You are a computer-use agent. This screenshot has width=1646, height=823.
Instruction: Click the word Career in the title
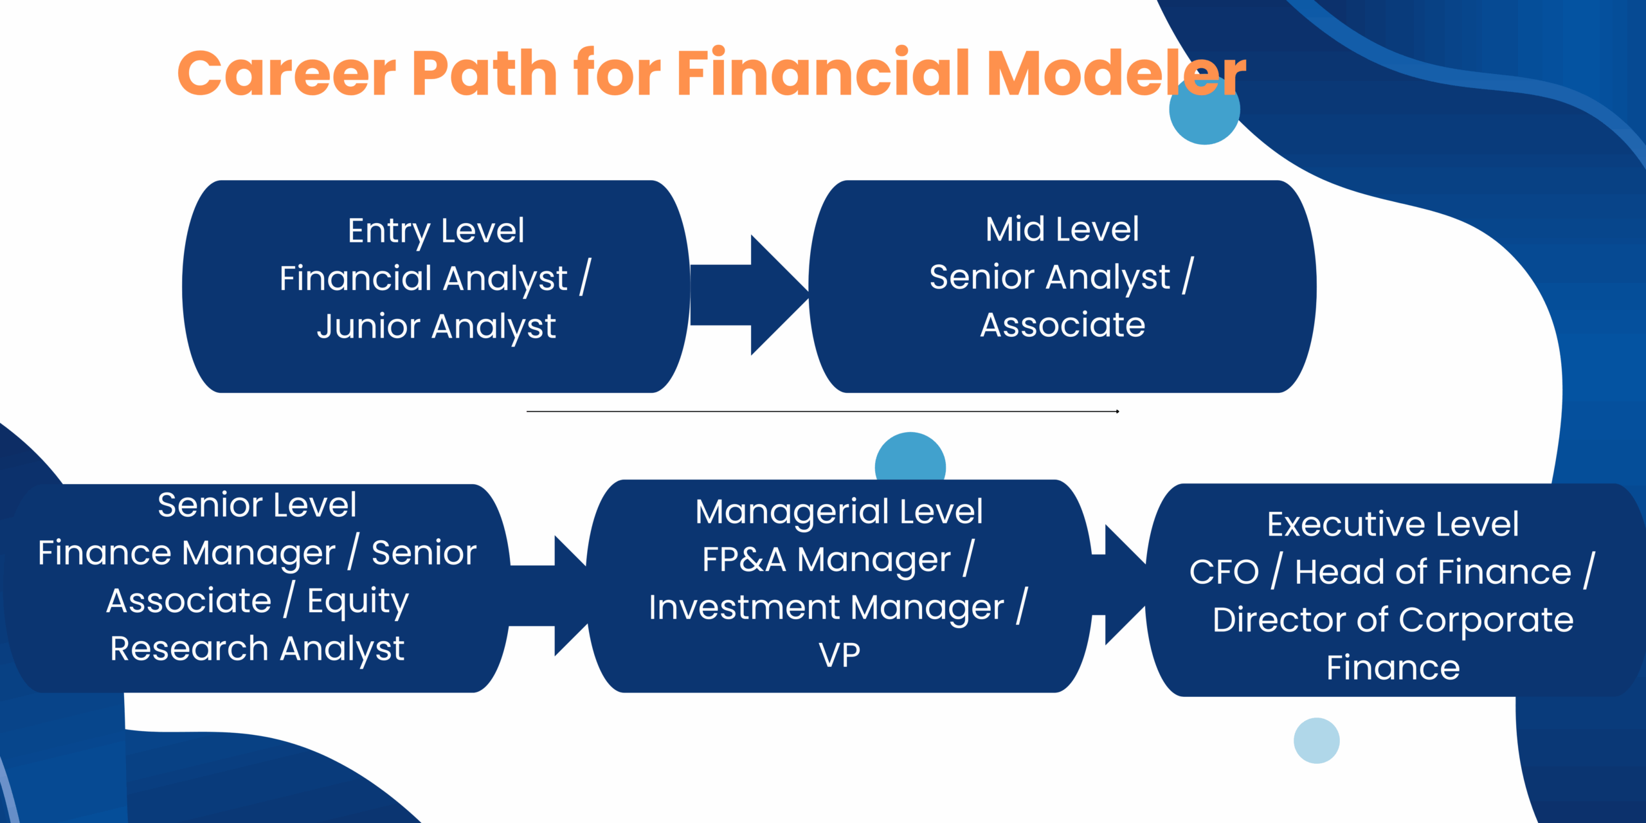tap(287, 73)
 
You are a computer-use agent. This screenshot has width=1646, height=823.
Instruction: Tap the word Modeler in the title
tap(1116, 73)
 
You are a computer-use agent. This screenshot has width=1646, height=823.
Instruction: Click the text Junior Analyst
tap(436, 326)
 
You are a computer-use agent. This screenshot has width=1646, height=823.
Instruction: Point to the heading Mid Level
tap(1062, 229)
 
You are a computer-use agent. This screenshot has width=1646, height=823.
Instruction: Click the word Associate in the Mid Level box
tap(1062, 325)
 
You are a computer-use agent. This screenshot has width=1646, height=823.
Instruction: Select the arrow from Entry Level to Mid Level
tap(749, 294)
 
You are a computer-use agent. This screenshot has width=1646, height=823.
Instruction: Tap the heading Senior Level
tap(257, 505)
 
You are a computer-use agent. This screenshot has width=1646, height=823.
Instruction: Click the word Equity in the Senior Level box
tap(357, 601)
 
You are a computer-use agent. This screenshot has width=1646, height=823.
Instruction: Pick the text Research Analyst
tap(257, 649)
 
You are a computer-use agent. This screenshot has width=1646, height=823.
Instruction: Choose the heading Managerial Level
tap(839, 512)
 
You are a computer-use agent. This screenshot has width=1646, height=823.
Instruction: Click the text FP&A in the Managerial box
tap(744, 559)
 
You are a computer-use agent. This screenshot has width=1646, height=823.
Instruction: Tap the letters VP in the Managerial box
tap(839, 655)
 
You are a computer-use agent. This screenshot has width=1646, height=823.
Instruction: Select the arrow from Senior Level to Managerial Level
tap(550, 595)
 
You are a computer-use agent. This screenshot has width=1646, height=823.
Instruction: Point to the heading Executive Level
tap(1393, 524)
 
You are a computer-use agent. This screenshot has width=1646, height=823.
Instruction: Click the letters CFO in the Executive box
tap(1224, 572)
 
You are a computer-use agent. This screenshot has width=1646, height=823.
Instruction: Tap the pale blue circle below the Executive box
tap(1316, 741)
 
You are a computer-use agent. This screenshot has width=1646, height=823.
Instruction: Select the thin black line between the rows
tap(823, 411)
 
